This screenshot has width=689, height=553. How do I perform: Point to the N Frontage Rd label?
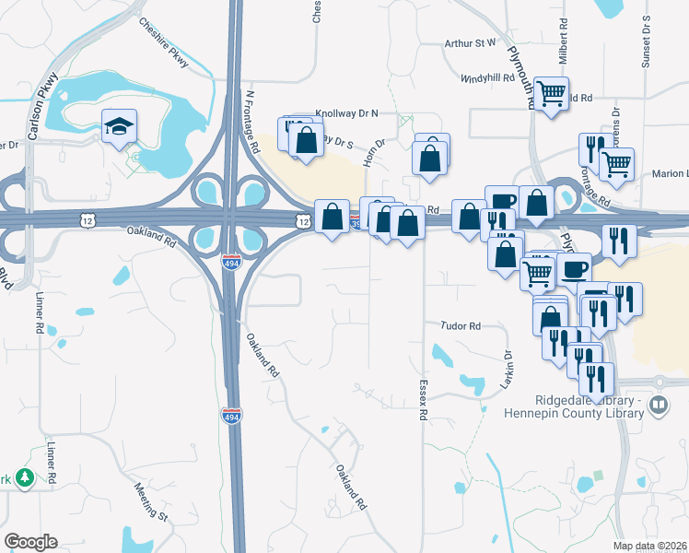point(251,121)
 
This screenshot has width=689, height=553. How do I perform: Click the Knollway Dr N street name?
point(347,113)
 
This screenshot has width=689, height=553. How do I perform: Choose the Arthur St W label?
point(470,42)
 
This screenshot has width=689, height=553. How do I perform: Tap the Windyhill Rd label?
point(487,77)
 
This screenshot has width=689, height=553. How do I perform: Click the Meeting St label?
point(150,500)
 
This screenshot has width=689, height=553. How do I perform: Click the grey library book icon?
point(659,406)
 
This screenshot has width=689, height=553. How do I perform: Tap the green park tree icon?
point(25,477)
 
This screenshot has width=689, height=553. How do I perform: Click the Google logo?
point(30,542)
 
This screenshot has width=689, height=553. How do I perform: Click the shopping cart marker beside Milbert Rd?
point(551,93)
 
